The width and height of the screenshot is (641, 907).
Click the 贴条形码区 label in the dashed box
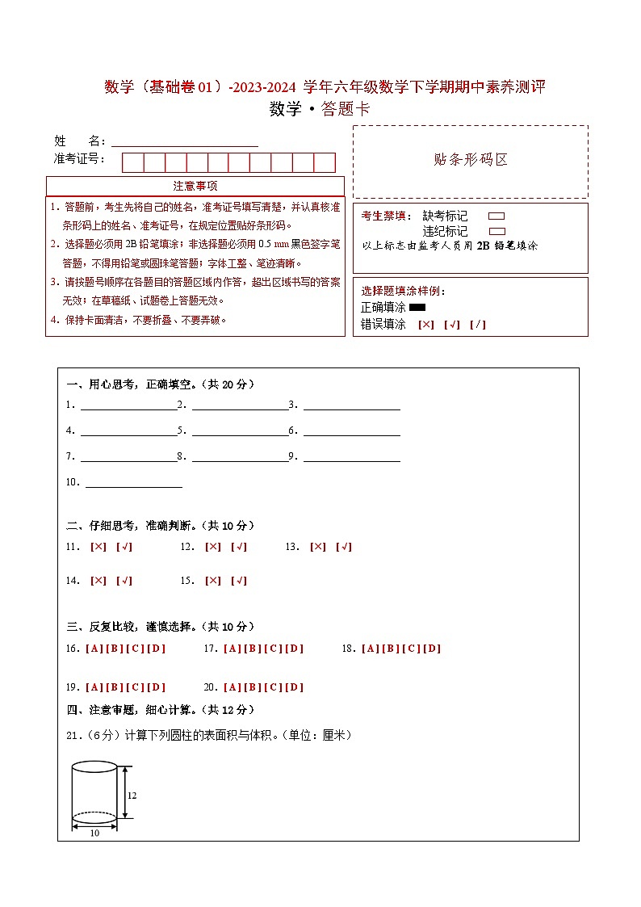(471, 160)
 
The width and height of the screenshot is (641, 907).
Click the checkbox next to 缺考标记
(496, 216)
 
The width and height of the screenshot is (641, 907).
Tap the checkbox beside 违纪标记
(496, 231)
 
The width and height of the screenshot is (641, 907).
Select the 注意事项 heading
(195, 187)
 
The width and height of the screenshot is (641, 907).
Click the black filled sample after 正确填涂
(417, 308)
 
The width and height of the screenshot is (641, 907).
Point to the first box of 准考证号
(133, 162)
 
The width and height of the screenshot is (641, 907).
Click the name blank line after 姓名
(185, 141)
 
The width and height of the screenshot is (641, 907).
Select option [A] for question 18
(370, 649)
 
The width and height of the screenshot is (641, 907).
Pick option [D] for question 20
(295, 687)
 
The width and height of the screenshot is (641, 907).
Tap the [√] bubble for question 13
(344, 547)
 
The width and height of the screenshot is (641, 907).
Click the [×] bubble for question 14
(98, 581)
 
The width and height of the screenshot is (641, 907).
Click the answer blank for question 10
(133, 483)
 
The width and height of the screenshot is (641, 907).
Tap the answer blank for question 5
(240, 430)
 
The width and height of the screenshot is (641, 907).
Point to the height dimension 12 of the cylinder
(132, 796)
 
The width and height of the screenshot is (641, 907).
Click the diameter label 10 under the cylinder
(94, 833)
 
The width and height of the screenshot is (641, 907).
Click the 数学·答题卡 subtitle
(320, 110)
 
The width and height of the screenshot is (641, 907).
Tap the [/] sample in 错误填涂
(478, 325)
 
